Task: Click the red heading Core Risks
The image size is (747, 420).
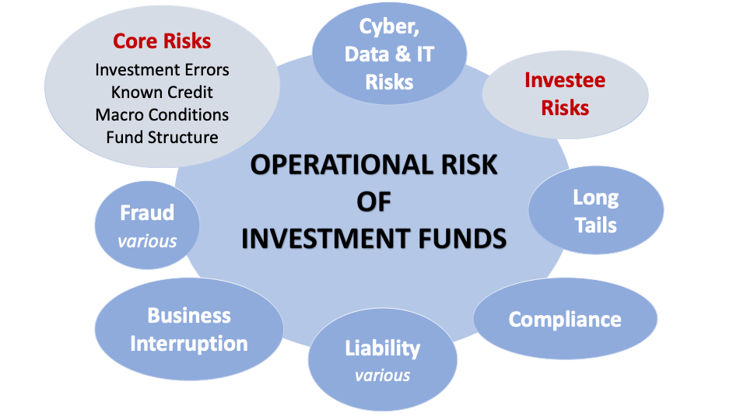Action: pos(162,40)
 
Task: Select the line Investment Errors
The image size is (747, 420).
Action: pos(162,70)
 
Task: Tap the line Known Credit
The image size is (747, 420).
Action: pos(162,93)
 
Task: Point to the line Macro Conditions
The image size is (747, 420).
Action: pos(162,115)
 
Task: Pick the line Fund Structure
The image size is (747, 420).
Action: pos(162,138)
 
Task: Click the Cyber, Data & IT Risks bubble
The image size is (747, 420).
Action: pos(389,53)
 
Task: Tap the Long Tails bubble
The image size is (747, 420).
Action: pos(595,211)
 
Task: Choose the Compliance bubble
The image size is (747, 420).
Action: pos(565,320)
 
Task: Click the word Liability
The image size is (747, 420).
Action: pos(382,348)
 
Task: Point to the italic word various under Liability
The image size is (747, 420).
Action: pos(382,376)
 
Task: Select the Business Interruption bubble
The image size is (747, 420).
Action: pos(189,329)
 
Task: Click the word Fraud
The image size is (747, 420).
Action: pos(147,213)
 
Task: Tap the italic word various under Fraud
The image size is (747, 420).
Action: pos(147,241)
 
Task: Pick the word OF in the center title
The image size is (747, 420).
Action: pos(373,201)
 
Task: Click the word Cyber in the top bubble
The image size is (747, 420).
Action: pos(387,26)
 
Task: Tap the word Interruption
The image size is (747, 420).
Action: pos(189,343)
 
